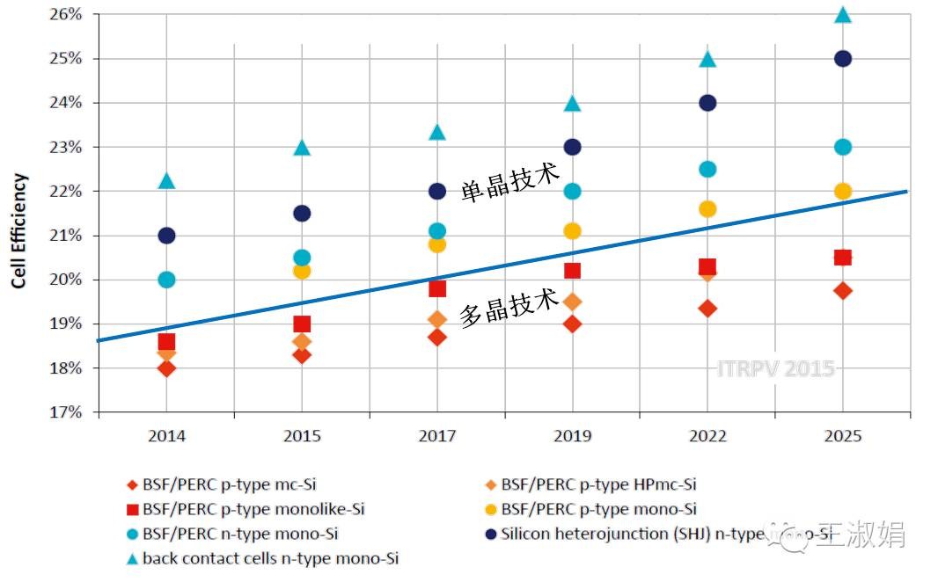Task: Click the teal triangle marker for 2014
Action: click(166, 181)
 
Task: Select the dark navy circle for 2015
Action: click(302, 213)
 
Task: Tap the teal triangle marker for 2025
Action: click(843, 15)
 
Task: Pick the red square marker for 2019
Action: click(572, 271)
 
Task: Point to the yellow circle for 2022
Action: click(707, 208)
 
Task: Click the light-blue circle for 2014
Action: click(166, 280)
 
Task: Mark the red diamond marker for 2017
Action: click(437, 337)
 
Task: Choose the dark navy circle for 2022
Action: click(707, 103)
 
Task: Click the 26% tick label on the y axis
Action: click(64, 15)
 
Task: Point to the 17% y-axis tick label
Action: click(64, 412)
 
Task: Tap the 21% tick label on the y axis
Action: click(64, 236)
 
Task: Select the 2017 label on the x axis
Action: click(437, 436)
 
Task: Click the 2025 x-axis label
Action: click(843, 436)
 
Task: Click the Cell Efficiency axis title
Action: click(18, 231)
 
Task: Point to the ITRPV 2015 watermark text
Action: click(774, 368)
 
